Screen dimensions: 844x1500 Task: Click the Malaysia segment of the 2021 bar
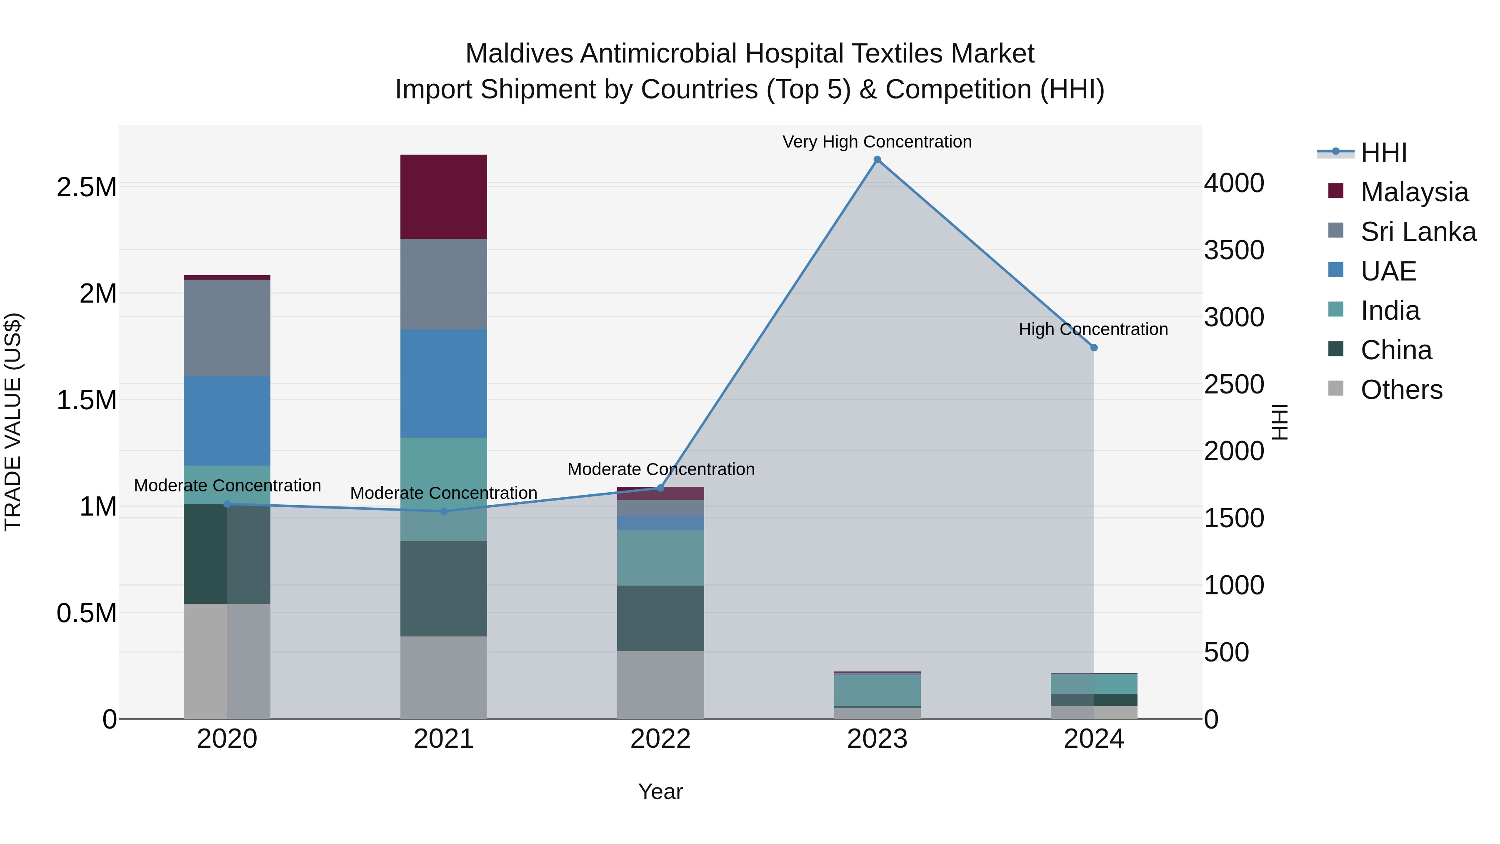point(443,196)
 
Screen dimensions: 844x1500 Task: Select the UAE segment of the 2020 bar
point(227,420)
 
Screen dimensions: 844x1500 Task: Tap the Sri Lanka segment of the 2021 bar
point(443,284)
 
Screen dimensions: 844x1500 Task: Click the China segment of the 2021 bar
point(443,588)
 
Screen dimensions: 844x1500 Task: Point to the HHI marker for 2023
point(877,160)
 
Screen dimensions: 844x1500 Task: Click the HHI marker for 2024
point(1094,348)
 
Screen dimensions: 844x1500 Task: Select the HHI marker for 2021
point(443,511)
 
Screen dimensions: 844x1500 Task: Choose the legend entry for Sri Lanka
point(1418,231)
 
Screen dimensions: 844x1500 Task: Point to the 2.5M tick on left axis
point(86,188)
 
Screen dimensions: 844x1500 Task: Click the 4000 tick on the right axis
point(1234,183)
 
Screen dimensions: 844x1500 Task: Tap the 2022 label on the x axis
point(660,739)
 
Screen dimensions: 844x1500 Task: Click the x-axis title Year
point(660,791)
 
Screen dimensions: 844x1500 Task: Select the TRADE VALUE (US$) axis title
point(13,422)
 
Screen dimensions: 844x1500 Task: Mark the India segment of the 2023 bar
point(877,690)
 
